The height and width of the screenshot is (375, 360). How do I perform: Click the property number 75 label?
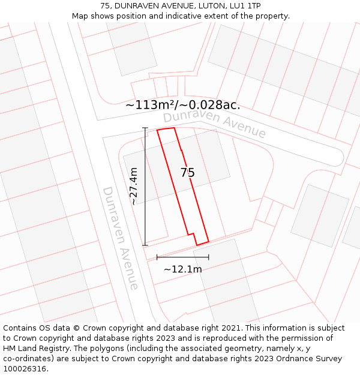[187, 173]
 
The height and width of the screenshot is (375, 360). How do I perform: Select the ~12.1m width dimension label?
[182, 269]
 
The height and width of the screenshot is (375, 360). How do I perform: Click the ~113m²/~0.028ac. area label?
[182, 105]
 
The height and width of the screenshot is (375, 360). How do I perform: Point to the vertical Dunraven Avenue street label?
[121, 238]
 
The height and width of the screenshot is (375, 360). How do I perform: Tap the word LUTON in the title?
[197, 5]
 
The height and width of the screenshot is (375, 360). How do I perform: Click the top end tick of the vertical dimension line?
[145, 128]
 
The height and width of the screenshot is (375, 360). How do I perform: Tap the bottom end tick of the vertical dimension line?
[145, 245]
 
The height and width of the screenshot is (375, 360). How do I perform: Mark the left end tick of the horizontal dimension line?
[157, 257]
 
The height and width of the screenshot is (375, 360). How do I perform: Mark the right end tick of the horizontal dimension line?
[209, 257]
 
